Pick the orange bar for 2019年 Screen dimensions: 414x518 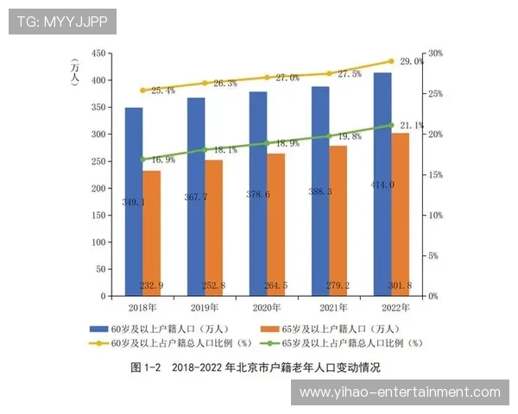[213, 228]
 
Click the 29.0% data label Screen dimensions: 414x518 [411, 61]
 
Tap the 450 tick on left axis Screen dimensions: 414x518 [97, 53]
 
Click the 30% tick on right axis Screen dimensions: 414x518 [435, 53]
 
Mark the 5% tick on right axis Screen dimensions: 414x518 [435, 255]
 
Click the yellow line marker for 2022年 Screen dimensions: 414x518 [390, 61]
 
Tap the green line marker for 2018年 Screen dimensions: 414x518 [142, 160]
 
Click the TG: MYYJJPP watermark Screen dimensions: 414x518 [61, 21]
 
